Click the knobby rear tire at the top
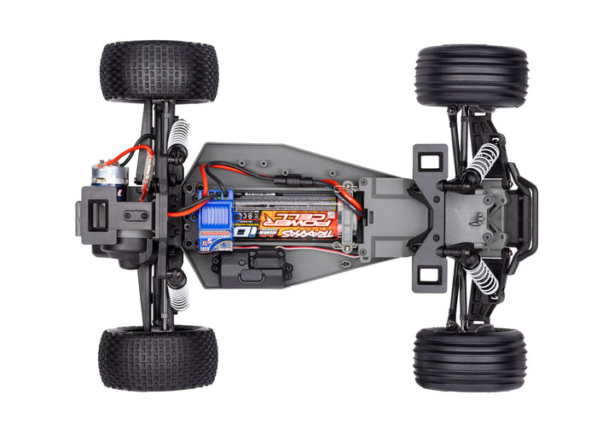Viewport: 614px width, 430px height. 159,72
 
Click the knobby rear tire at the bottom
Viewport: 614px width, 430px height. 157,357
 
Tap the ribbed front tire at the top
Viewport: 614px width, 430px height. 471,76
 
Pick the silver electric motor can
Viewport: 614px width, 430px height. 110,175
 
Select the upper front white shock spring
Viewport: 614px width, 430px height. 484,159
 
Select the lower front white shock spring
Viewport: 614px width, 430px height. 483,275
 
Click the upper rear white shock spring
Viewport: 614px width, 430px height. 177,135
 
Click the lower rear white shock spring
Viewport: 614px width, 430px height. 178,295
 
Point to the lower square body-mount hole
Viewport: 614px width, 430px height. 431,275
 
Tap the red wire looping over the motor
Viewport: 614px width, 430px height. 136,154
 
